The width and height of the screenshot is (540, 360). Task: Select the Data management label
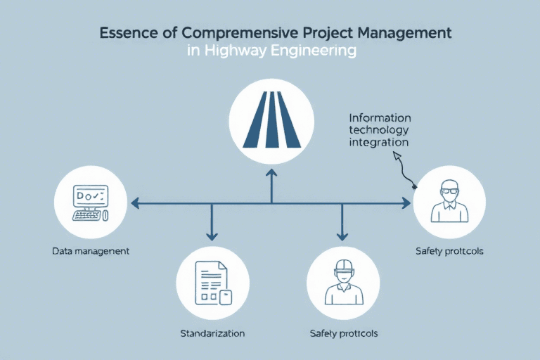tap(91, 251)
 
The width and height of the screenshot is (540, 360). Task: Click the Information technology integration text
tap(380, 130)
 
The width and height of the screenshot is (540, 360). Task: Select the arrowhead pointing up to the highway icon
tap(271, 171)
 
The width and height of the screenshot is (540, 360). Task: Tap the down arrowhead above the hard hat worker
tap(342, 236)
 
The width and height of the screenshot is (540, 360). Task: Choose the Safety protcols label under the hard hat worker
tap(343, 333)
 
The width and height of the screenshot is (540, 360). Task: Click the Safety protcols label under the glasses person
tap(449, 251)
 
